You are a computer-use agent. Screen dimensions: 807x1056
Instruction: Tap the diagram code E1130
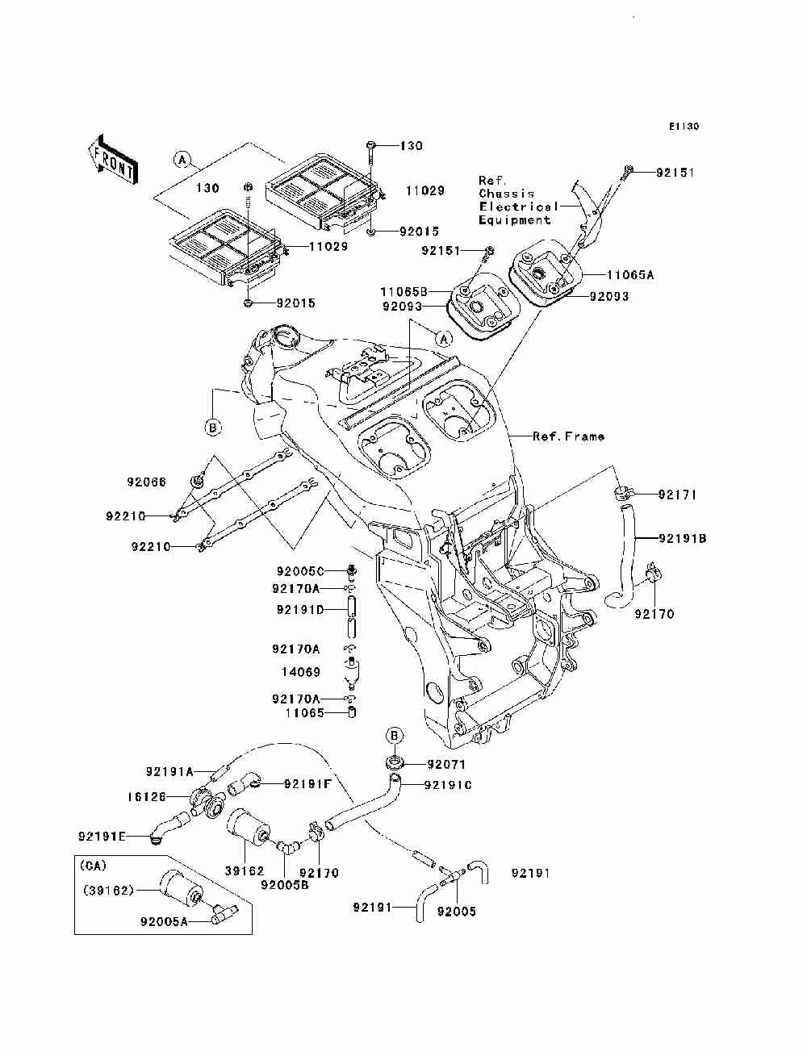(x=684, y=127)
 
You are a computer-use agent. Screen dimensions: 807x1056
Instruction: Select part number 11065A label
(x=630, y=275)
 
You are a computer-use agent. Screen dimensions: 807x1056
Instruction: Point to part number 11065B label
(x=403, y=292)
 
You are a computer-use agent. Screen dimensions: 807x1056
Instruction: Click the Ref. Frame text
(x=568, y=436)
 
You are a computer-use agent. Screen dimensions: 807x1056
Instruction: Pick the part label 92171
(x=677, y=495)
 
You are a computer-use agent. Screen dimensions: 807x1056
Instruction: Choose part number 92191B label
(x=683, y=539)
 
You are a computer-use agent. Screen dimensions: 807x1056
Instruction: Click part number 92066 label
(x=146, y=482)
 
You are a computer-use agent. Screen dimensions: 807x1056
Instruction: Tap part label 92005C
(x=300, y=571)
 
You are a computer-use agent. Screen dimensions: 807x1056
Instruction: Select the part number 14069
(x=301, y=672)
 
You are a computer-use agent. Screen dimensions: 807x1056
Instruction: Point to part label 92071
(x=446, y=764)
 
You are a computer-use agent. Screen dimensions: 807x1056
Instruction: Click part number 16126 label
(x=146, y=797)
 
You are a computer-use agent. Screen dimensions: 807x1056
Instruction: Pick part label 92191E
(x=102, y=837)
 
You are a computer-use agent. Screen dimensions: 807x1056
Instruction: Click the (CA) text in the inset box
(x=94, y=866)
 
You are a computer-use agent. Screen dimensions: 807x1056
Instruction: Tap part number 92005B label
(x=284, y=885)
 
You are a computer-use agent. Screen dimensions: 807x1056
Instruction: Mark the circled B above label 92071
(x=394, y=736)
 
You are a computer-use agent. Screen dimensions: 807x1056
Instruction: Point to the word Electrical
(x=518, y=207)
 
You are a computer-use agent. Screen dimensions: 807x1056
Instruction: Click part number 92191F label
(x=307, y=784)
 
